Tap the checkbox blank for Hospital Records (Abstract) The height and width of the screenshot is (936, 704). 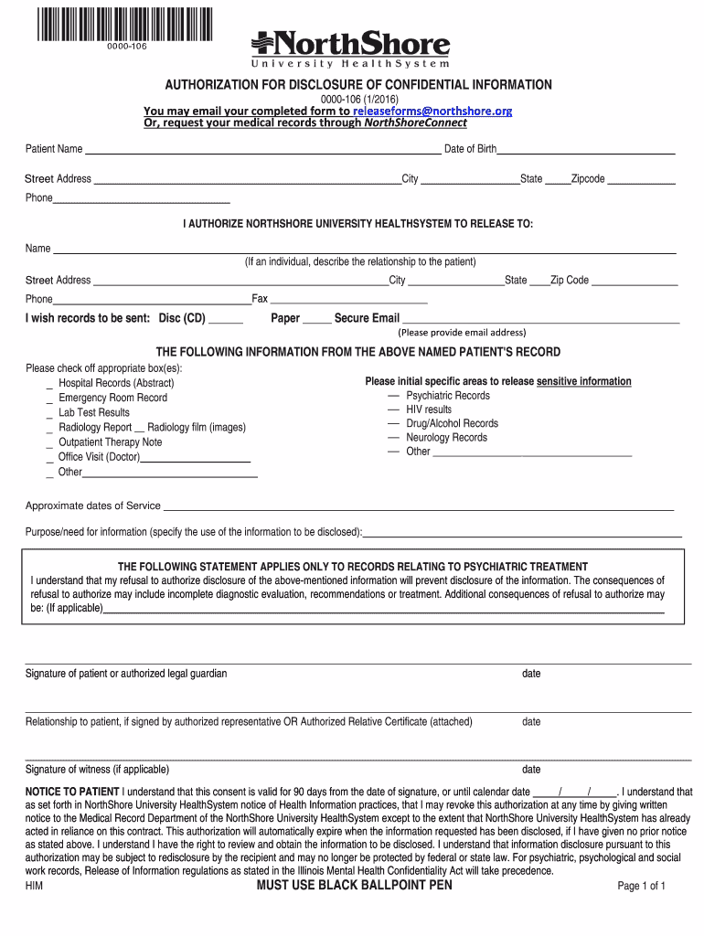[x=49, y=385]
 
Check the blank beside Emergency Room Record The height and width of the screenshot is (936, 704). [x=49, y=399]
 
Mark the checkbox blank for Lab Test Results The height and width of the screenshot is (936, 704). [x=49, y=414]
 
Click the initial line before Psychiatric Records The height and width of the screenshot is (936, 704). [x=393, y=396]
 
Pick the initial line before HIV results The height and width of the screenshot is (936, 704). [x=393, y=409]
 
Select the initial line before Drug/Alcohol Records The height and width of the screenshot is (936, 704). [x=393, y=423]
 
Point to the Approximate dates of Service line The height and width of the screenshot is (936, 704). [x=418, y=509]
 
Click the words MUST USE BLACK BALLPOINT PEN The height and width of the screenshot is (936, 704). [x=354, y=885]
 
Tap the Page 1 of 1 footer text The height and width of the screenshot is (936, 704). [x=641, y=886]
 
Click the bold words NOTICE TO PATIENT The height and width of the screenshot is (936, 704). [x=72, y=792]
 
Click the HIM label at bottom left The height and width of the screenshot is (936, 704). [x=34, y=886]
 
